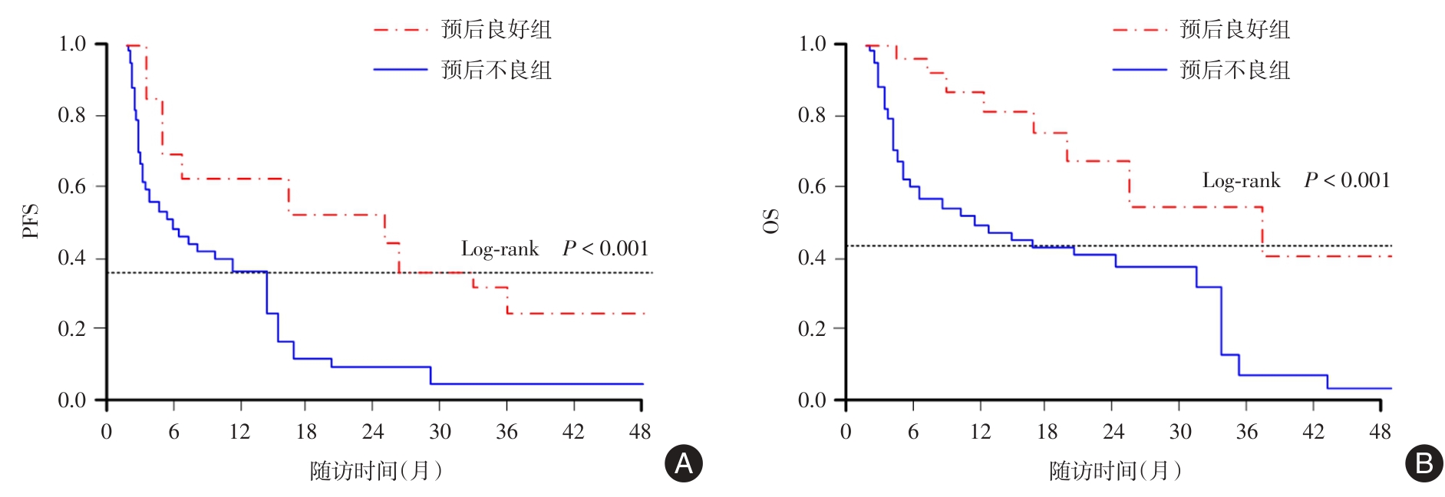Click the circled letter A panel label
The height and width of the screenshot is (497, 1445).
(x=683, y=463)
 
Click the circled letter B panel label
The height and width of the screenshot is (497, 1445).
(x=1424, y=463)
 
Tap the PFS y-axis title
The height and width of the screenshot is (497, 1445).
(x=31, y=221)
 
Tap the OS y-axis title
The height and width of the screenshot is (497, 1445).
(x=770, y=221)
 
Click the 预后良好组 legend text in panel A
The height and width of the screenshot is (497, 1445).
(x=497, y=30)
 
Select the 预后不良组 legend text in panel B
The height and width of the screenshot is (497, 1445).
(x=1235, y=71)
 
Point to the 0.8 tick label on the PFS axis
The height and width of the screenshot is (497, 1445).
(x=72, y=115)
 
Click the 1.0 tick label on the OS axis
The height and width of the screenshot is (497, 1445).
(x=812, y=44)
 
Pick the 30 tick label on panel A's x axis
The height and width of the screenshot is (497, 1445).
(x=440, y=432)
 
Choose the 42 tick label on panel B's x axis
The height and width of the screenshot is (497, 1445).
(x=1313, y=432)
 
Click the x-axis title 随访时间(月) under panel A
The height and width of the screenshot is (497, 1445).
(x=376, y=470)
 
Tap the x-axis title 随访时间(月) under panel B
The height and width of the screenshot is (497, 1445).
(x=1115, y=470)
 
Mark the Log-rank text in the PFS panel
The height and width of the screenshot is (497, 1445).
(x=500, y=249)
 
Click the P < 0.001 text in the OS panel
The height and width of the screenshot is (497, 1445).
(x=1347, y=181)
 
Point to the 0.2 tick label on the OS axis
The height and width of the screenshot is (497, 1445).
(x=812, y=328)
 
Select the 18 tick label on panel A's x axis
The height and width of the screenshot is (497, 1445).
(x=306, y=432)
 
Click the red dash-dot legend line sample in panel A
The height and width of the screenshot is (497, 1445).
(x=400, y=30)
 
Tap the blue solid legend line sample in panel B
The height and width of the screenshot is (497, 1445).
(x=1140, y=70)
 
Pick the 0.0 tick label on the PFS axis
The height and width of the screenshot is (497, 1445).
(x=72, y=400)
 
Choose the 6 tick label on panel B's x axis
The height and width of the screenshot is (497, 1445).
(x=912, y=432)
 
